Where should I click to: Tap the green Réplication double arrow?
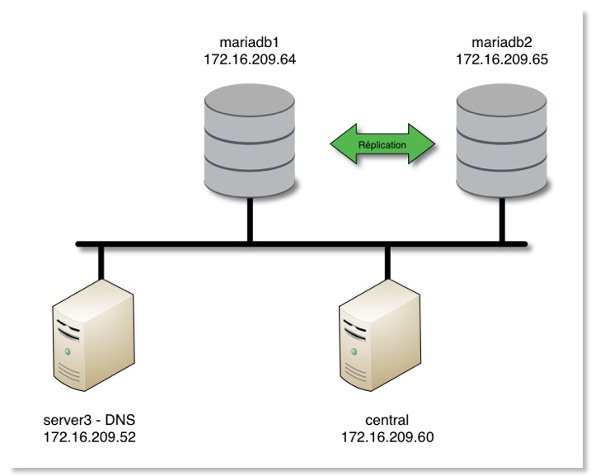pos(382,144)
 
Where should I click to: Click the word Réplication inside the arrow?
pos(382,144)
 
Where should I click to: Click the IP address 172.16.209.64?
pos(249,59)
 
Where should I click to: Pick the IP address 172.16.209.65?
pos(502,59)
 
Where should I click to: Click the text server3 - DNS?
pos(91,420)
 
